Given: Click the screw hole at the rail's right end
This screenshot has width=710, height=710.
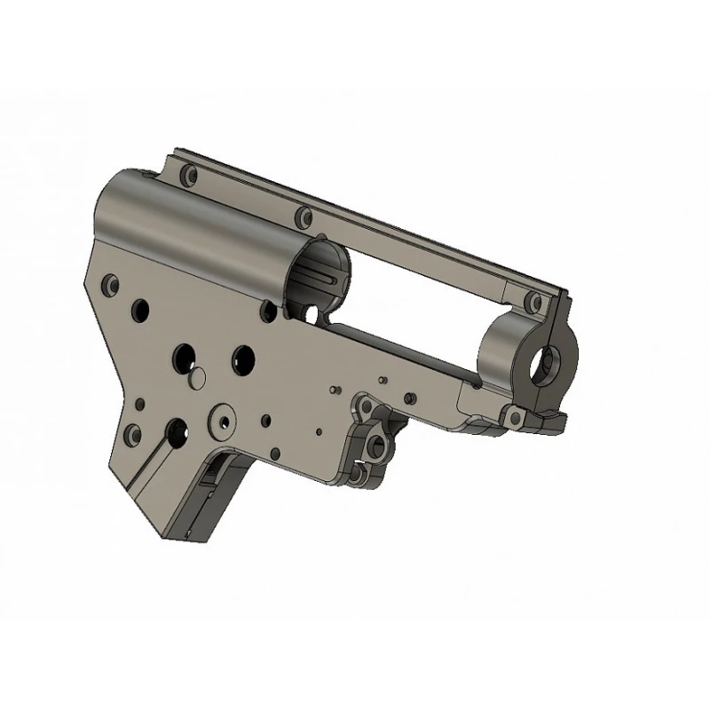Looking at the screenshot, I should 533,302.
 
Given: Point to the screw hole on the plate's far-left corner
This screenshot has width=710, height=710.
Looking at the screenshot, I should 111,286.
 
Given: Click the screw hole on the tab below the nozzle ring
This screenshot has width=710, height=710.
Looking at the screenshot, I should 511,416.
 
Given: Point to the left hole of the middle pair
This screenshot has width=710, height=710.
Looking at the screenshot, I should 183,355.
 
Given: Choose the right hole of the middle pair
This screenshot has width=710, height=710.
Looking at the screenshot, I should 241,358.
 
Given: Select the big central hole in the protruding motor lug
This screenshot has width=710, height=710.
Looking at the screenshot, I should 375,441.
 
